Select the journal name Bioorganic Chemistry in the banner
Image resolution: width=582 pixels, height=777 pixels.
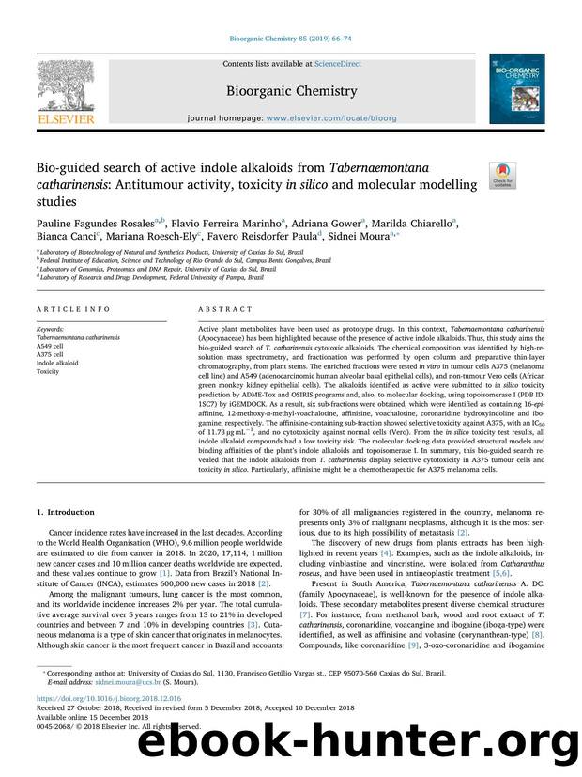[291, 91]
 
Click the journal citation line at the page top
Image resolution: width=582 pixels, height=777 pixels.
[291, 40]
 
